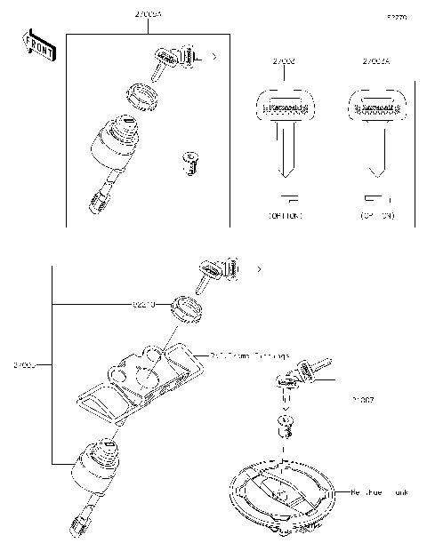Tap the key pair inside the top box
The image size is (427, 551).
tap(177, 59)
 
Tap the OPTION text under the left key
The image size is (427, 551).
tap(284, 216)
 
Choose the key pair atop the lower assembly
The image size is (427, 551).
tap(216, 269)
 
